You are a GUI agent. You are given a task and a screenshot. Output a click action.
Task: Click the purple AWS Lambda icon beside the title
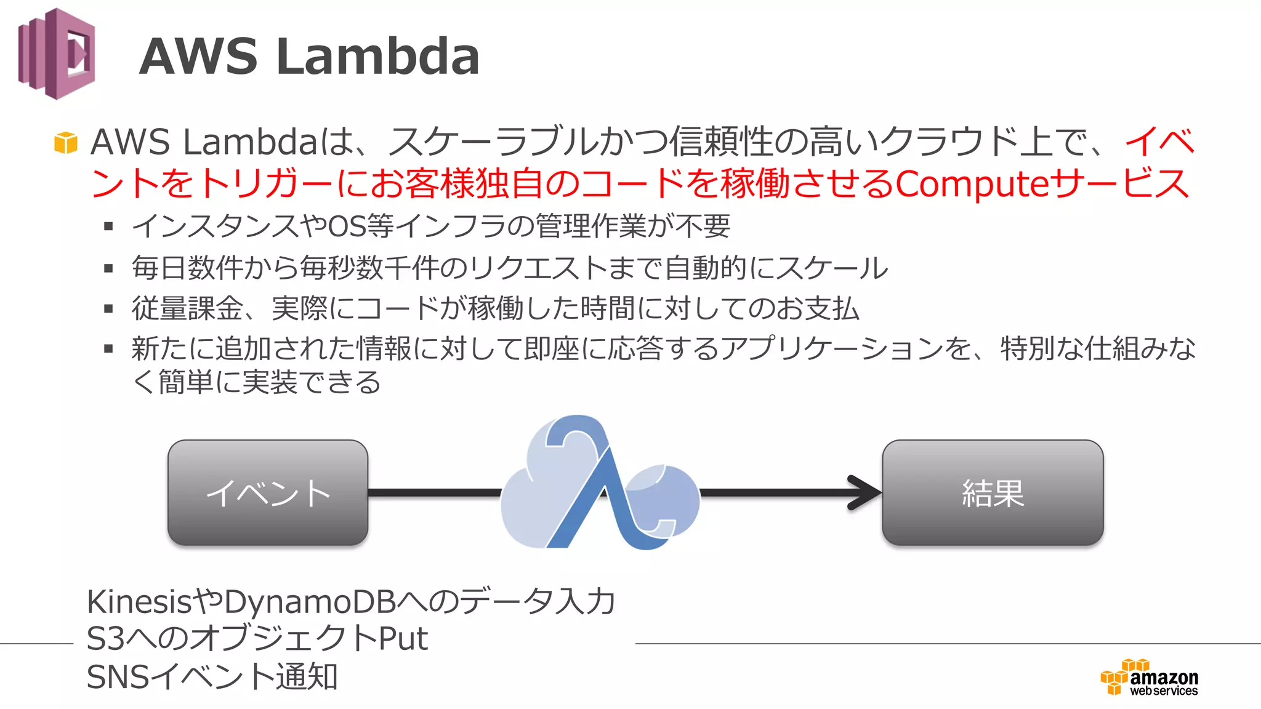[x=57, y=54]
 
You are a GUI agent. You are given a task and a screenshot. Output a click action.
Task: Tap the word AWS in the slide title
[x=198, y=57]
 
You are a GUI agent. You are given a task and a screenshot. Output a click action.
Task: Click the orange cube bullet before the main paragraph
[x=66, y=143]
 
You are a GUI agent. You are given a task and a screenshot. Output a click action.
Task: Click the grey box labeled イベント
[x=268, y=492]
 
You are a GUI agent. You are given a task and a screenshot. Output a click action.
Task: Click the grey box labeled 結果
[x=992, y=492]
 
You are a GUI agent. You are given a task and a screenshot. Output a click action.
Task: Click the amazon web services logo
[x=1150, y=678]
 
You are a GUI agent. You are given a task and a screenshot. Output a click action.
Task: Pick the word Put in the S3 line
[x=403, y=639]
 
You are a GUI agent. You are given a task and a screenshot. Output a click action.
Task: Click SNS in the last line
[x=118, y=677]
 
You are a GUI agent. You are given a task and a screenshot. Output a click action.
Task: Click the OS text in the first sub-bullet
[x=347, y=226]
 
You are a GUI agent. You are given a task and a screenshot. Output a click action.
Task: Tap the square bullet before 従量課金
[x=109, y=309]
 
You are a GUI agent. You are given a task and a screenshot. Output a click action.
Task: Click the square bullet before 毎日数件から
[x=109, y=268]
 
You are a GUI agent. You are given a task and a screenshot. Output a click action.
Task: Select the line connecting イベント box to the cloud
[x=434, y=492]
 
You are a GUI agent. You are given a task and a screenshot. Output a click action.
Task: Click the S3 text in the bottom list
[x=105, y=639]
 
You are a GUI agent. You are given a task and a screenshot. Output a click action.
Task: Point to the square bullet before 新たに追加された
[x=109, y=349]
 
